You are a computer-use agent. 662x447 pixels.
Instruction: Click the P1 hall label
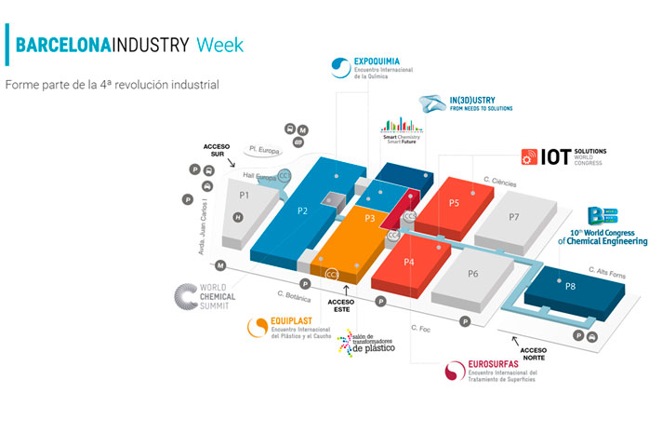point(244,196)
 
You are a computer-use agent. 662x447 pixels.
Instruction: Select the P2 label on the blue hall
point(303,210)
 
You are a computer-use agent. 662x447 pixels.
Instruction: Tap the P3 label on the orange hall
point(369,218)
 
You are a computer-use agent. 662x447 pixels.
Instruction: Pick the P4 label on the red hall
point(408,263)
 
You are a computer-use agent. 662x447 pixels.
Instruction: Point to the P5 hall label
point(455,202)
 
